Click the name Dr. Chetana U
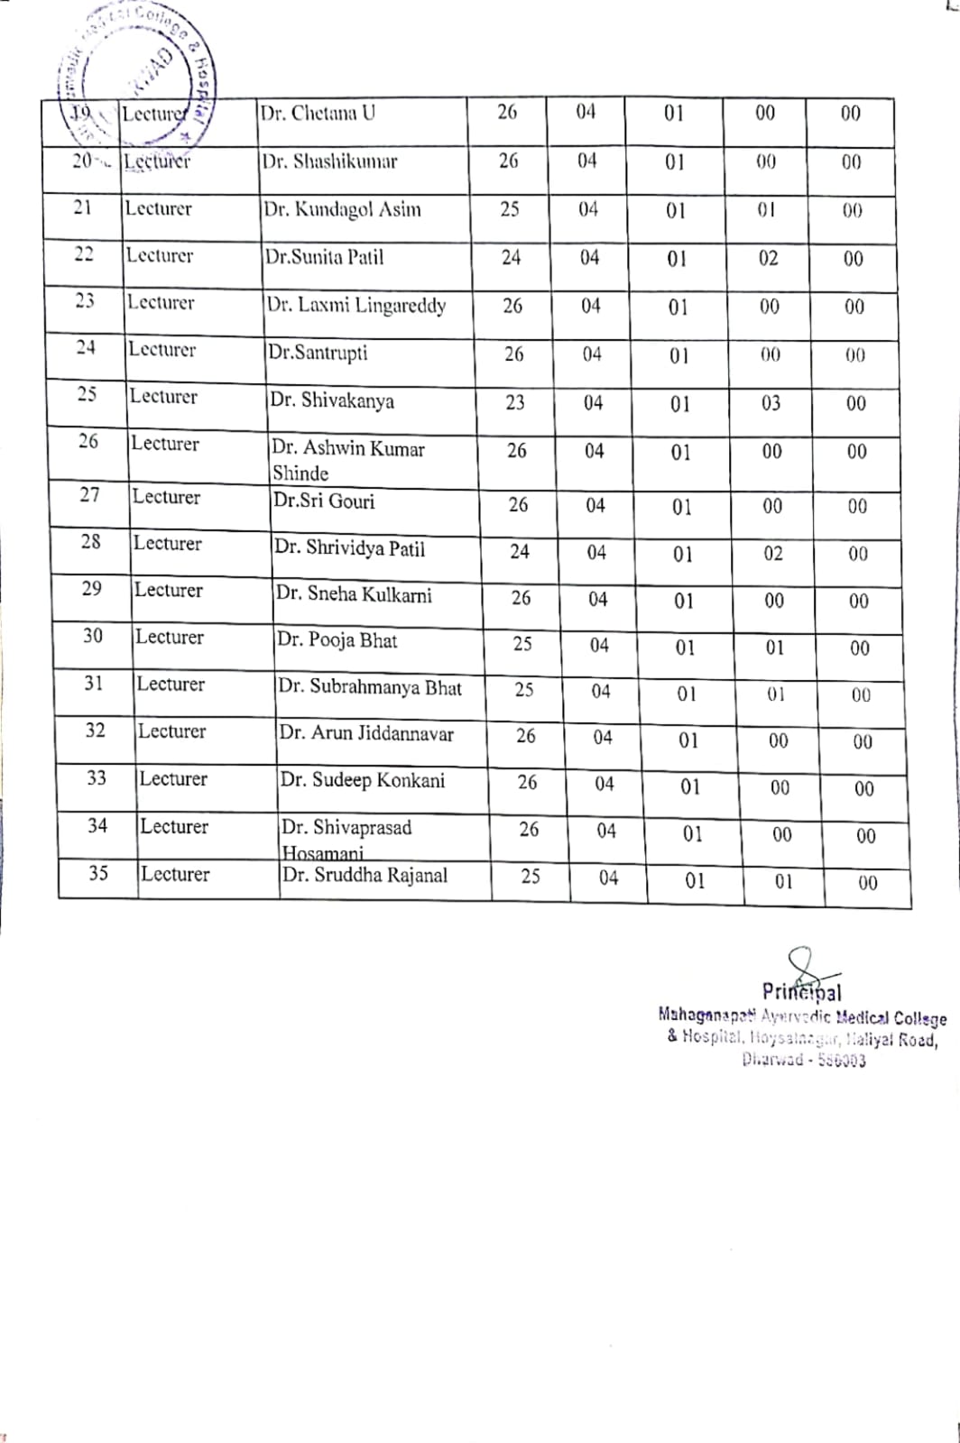click(x=318, y=114)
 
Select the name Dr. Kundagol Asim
click(x=342, y=210)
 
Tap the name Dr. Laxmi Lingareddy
click(x=355, y=306)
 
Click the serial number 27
click(x=89, y=495)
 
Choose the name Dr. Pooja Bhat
click(x=337, y=641)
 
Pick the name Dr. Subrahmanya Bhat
click(x=369, y=687)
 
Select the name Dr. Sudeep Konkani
click(x=362, y=780)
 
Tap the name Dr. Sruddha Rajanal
click(x=365, y=875)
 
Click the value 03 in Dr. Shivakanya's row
click(x=771, y=403)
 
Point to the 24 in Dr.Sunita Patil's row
click(x=511, y=258)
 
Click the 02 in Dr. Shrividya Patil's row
click(x=773, y=554)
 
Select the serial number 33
click(x=96, y=778)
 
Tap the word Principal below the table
click(x=801, y=993)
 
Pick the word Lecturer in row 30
click(x=169, y=638)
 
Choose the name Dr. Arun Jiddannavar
click(x=366, y=734)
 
